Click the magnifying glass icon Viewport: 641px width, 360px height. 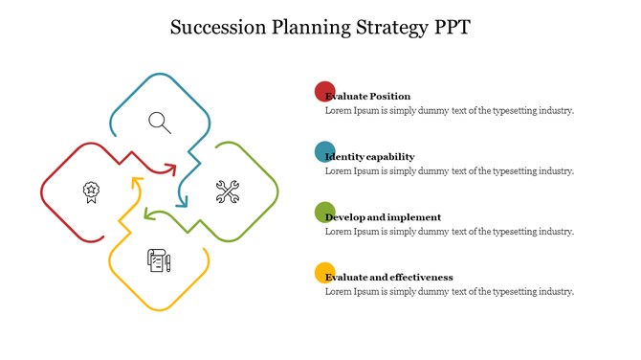tap(160, 123)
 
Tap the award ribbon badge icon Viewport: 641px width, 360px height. tap(91, 191)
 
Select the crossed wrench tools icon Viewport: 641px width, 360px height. tap(227, 191)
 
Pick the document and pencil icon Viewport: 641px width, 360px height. tap(158, 259)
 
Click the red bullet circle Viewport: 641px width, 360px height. tap(325, 92)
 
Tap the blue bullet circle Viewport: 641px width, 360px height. tap(325, 151)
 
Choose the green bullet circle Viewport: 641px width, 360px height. tap(325, 212)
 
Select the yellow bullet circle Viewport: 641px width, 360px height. tap(325, 272)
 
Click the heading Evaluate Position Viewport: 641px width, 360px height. tap(369, 97)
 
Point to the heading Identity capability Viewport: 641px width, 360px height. tap(371, 157)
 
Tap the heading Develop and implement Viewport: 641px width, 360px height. tap(385, 217)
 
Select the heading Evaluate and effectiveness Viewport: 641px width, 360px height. tap(390, 278)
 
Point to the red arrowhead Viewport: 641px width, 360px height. tap(171, 169)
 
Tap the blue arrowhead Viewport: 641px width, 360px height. tap(182, 201)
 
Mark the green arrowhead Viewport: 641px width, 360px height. tap(149, 214)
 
